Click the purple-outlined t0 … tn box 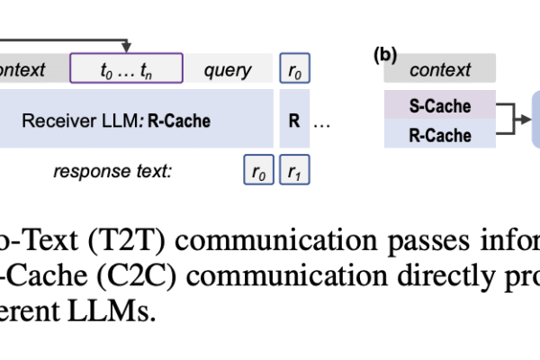127,68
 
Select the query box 227,69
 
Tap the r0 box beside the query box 293,69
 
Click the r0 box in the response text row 257,169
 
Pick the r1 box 293,169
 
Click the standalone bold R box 293,119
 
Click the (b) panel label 385,54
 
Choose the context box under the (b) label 440,69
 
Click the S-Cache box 440,106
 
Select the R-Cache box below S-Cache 440,135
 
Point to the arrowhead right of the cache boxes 526,120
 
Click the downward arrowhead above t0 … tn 127,46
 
